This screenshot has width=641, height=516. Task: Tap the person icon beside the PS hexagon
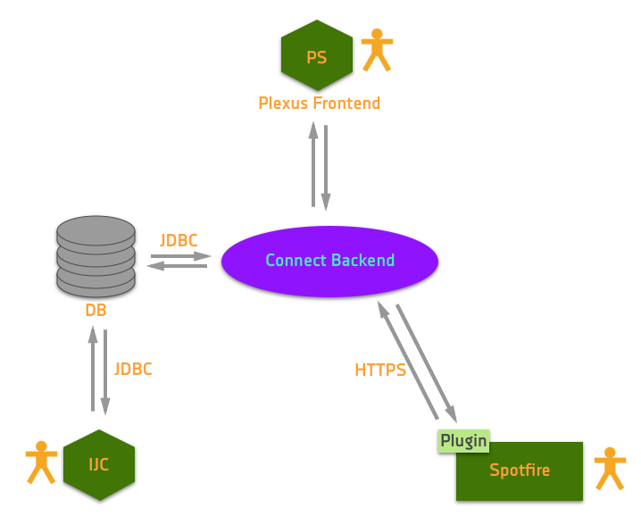(x=377, y=50)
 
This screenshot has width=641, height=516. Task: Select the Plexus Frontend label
(x=320, y=104)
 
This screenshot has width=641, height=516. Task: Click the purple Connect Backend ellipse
(x=329, y=261)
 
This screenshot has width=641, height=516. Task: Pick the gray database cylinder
(x=96, y=256)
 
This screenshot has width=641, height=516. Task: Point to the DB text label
(x=96, y=311)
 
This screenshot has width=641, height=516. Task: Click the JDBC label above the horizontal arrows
(x=179, y=240)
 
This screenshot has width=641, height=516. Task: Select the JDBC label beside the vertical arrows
(x=133, y=369)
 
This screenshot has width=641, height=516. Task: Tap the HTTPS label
(x=380, y=370)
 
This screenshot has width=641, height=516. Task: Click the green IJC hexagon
(x=99, y=464)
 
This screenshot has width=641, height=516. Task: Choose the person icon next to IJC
(x=41, y=462)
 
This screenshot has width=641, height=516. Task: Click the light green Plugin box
(x=463, y=440)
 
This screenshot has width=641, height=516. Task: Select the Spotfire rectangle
(x=520, y=471)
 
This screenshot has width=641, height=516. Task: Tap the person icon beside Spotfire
(x=610, y=469)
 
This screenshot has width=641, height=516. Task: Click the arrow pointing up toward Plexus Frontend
(x=313, y=165)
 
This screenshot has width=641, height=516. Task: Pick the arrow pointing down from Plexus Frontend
(x=326, y=168)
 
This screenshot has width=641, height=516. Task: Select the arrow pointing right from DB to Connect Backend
(x=181, y=256)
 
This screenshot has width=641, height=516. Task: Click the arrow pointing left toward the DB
(x=177, y=265)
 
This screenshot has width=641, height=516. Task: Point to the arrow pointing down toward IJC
(x=105, y=372)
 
